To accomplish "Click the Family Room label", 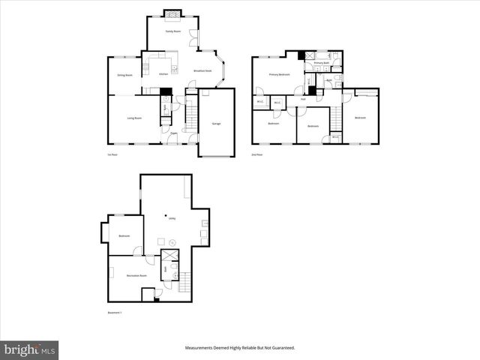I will click(172, 31).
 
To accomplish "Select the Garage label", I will click(216, 124).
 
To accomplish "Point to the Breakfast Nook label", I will click(203, 70).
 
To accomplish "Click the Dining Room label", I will click(124, 75).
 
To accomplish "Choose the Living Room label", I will click(135, 118).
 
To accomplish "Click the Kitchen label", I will click(163, 74).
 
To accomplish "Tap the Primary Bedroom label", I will click(280, 74).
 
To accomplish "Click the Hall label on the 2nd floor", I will click(303, 99).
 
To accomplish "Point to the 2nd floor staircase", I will click(337, 116).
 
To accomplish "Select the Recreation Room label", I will click(136, 275).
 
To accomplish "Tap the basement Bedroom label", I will click(124, 237).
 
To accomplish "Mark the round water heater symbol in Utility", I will click(172, 242).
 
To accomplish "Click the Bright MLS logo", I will click(30, 349).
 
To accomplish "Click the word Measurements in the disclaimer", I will click(202, 348).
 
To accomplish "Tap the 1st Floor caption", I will click(112, 154).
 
